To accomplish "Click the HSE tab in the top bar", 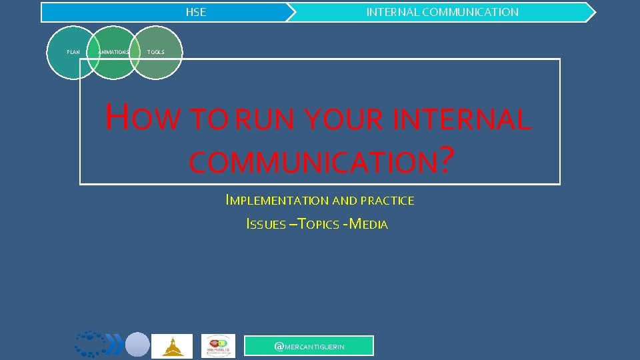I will [196, 12].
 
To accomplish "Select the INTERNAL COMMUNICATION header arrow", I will [442, 12].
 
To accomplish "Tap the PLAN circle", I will [73, 52].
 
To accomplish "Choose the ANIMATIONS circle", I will [113, 52].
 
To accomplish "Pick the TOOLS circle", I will [157, 52].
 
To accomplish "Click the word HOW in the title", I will [143, 119].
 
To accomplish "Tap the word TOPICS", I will [318, 225].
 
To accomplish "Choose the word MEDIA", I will [368, 225].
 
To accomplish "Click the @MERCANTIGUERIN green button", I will [309, 346].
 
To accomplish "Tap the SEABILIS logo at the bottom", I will [219, 346].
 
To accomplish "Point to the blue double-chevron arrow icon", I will [115, 345].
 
